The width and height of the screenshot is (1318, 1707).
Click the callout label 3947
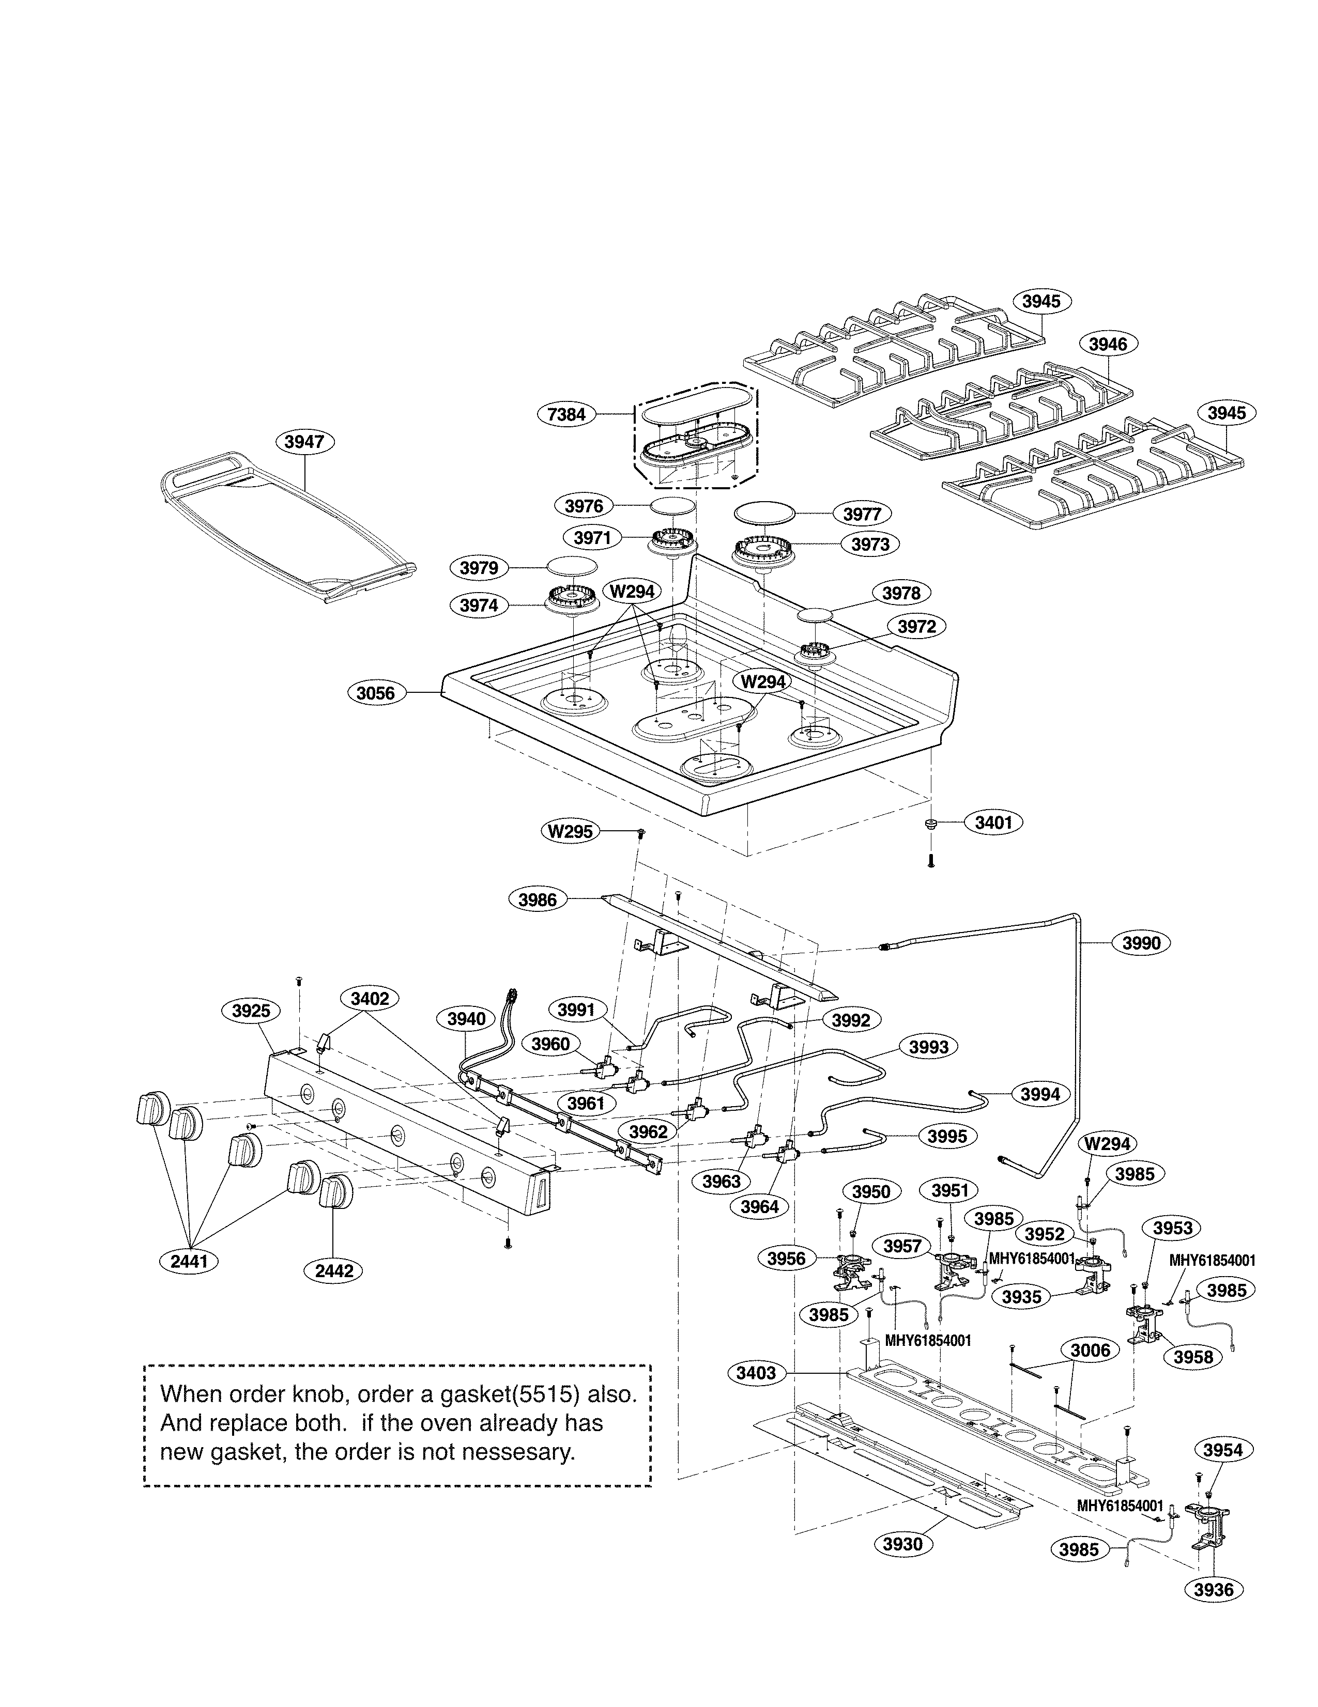click(304, 442)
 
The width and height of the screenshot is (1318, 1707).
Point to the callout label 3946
click(1108, 344)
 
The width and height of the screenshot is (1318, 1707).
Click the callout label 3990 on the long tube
click(1141, 943)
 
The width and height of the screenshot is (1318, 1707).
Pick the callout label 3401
click(993, 822)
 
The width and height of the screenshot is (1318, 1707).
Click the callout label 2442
click(334, 1271)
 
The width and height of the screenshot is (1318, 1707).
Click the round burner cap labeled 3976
click(672, 506)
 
